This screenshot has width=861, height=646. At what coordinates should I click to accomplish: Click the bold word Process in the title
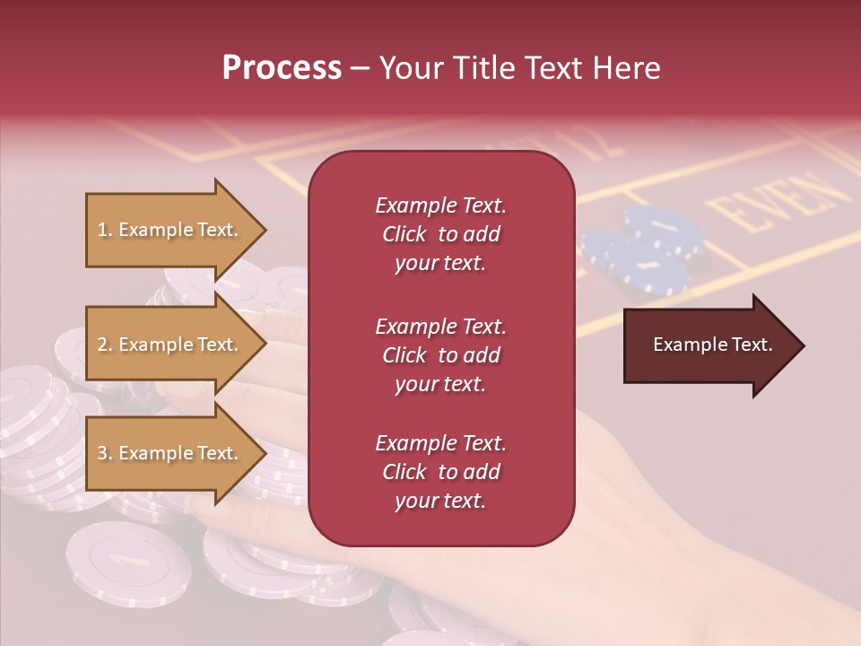click(x=282, y=68)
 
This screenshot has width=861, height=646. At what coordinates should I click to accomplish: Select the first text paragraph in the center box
click(x=440, y=234)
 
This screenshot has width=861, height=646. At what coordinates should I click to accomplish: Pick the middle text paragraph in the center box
click(x=440, y=355)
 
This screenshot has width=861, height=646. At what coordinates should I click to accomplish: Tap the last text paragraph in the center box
click(x=440, y=472)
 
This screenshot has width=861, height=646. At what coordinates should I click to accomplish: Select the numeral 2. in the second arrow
click(x=105, y=345)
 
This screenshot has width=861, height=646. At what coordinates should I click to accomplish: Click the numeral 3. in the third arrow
click(x=105, y=453)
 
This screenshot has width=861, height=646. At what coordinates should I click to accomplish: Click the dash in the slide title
click(x=361, y=70)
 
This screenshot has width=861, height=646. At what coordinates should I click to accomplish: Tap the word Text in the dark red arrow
click(x=752, y=345)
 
